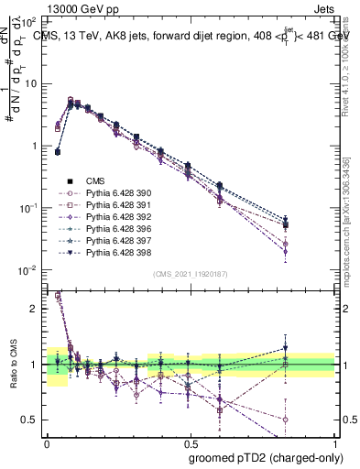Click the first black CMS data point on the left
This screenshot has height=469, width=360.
pyautogui.click(x=58, y=152)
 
